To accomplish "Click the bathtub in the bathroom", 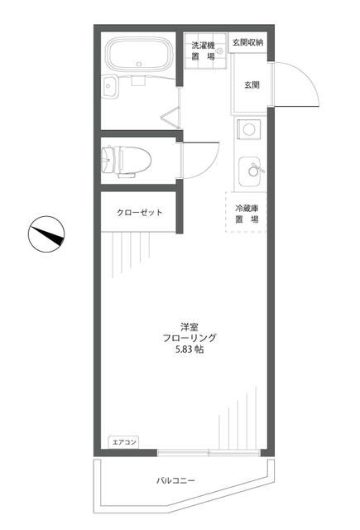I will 138,57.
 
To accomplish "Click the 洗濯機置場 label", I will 203,51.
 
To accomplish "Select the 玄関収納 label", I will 247,42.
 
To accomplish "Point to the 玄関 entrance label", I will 252,84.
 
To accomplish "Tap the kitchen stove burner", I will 248,129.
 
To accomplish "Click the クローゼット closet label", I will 139,213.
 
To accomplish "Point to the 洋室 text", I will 189,325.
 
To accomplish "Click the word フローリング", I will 189,338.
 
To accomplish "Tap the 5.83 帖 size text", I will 189,350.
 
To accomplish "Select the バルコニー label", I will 175,480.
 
